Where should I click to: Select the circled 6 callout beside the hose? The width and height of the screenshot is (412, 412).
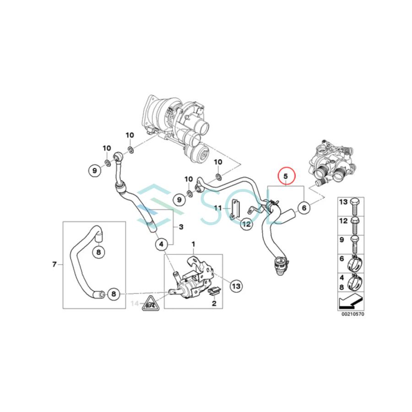click(303, 208)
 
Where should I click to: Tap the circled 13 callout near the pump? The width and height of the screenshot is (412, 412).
click(235, 286)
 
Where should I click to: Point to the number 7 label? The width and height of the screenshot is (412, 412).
click(54, 264)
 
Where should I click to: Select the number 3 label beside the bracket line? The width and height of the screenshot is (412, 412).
click(181, 227)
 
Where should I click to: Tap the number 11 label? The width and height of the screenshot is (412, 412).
click(218, 208)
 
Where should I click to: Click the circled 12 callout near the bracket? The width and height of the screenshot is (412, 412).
click(246, 224)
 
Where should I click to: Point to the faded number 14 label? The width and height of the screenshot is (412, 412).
click(135, 303)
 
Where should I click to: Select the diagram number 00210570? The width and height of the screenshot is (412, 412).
click(352, 314)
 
